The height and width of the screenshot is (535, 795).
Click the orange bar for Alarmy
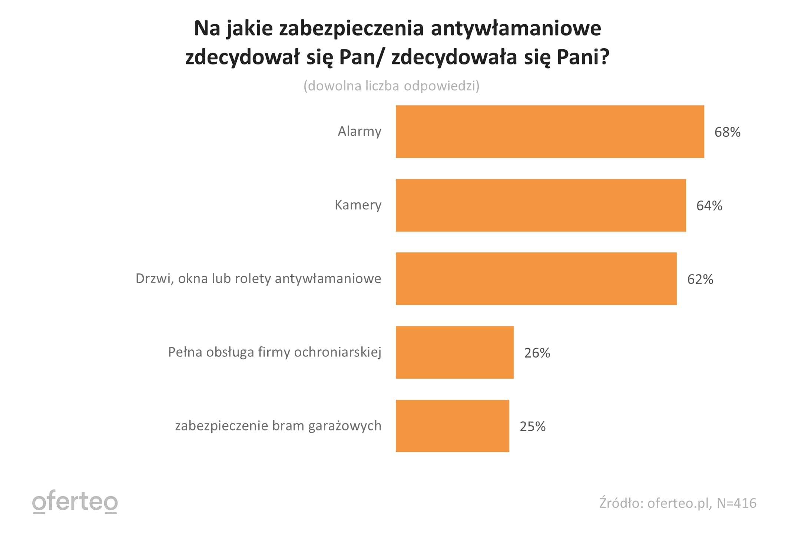pyautogui.click(x=550, y=132)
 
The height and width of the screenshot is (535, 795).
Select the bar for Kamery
pyautogui.click(x=541, y=205)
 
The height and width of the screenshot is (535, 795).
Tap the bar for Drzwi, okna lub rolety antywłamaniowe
pyautogui.click(x=536, y=279)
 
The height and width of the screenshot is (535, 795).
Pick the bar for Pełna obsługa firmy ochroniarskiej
pyautogui.click(x=454, y=352)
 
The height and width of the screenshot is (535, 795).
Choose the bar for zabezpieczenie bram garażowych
pyautogui.click(x=452, y=426)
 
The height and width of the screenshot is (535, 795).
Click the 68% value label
pyautogui.click(x=727, y=132)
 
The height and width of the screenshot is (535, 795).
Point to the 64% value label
pyautogui.click(x=709, y=206)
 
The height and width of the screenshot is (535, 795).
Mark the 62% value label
pyautogui.click(x=700, y=279)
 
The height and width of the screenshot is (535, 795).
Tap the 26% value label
pyautogui.click(x=537, y=353)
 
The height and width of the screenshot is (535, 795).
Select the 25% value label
pyautogui.click(x=533, y=427)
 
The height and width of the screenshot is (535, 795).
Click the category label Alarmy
pyautogui.click(x=359, y=132)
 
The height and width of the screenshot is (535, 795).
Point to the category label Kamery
pyautogui.click(x=358, y=205)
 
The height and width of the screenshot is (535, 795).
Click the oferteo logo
pyautogui.click(x=75, y=502)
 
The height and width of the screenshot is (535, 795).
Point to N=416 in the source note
pyautogui.click(x=736, y=503)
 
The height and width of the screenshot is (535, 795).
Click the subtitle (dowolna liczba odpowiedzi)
pyautogui.click(x=391, y=86)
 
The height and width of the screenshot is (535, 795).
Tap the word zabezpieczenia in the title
pyautogui.click(x=351, y=29)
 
